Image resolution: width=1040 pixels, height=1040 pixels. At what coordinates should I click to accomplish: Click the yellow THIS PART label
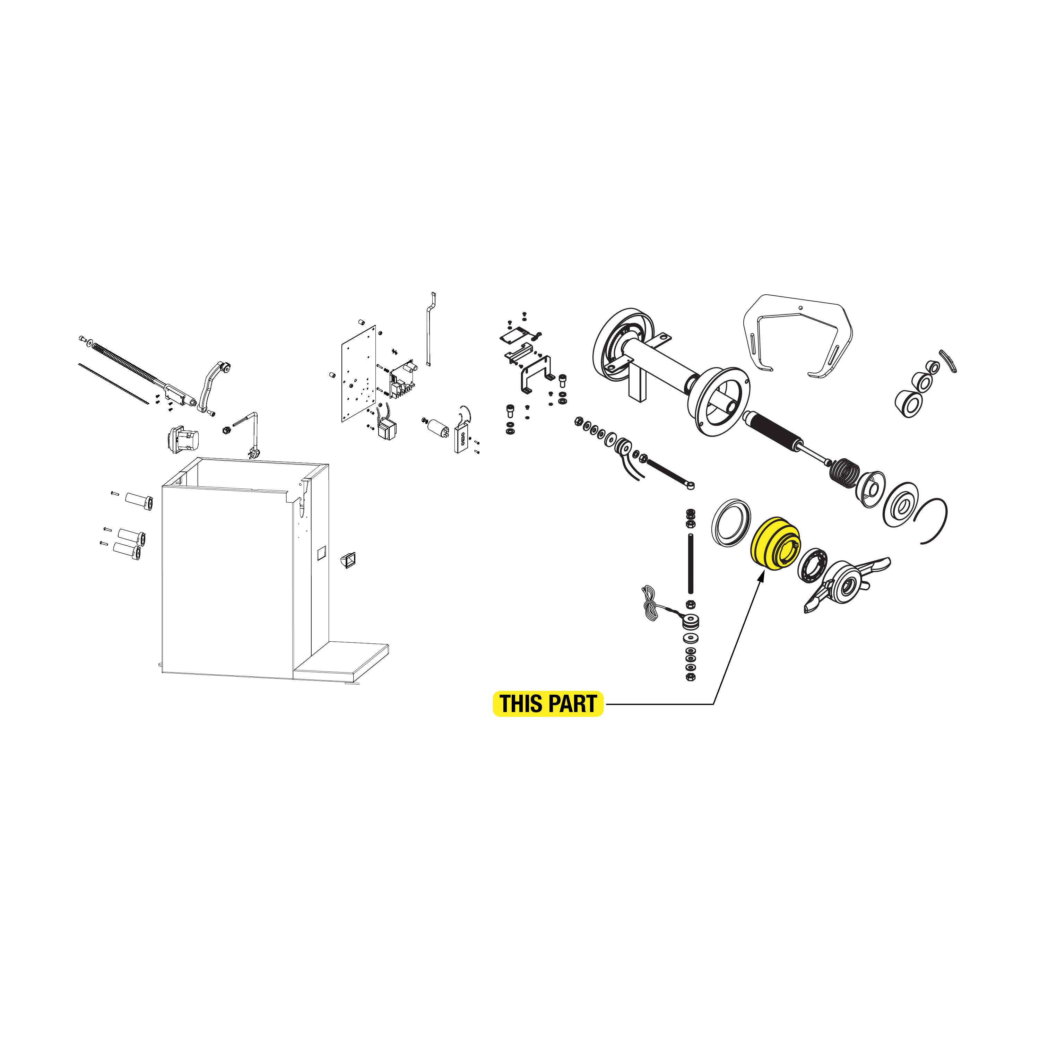pos(548,704)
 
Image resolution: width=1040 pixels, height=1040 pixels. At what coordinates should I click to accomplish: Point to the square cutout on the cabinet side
pos(321,553)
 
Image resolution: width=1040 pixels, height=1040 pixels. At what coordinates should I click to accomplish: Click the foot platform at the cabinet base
pos(341,661)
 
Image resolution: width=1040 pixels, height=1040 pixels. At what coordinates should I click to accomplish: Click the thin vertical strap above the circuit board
pos(430,329)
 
